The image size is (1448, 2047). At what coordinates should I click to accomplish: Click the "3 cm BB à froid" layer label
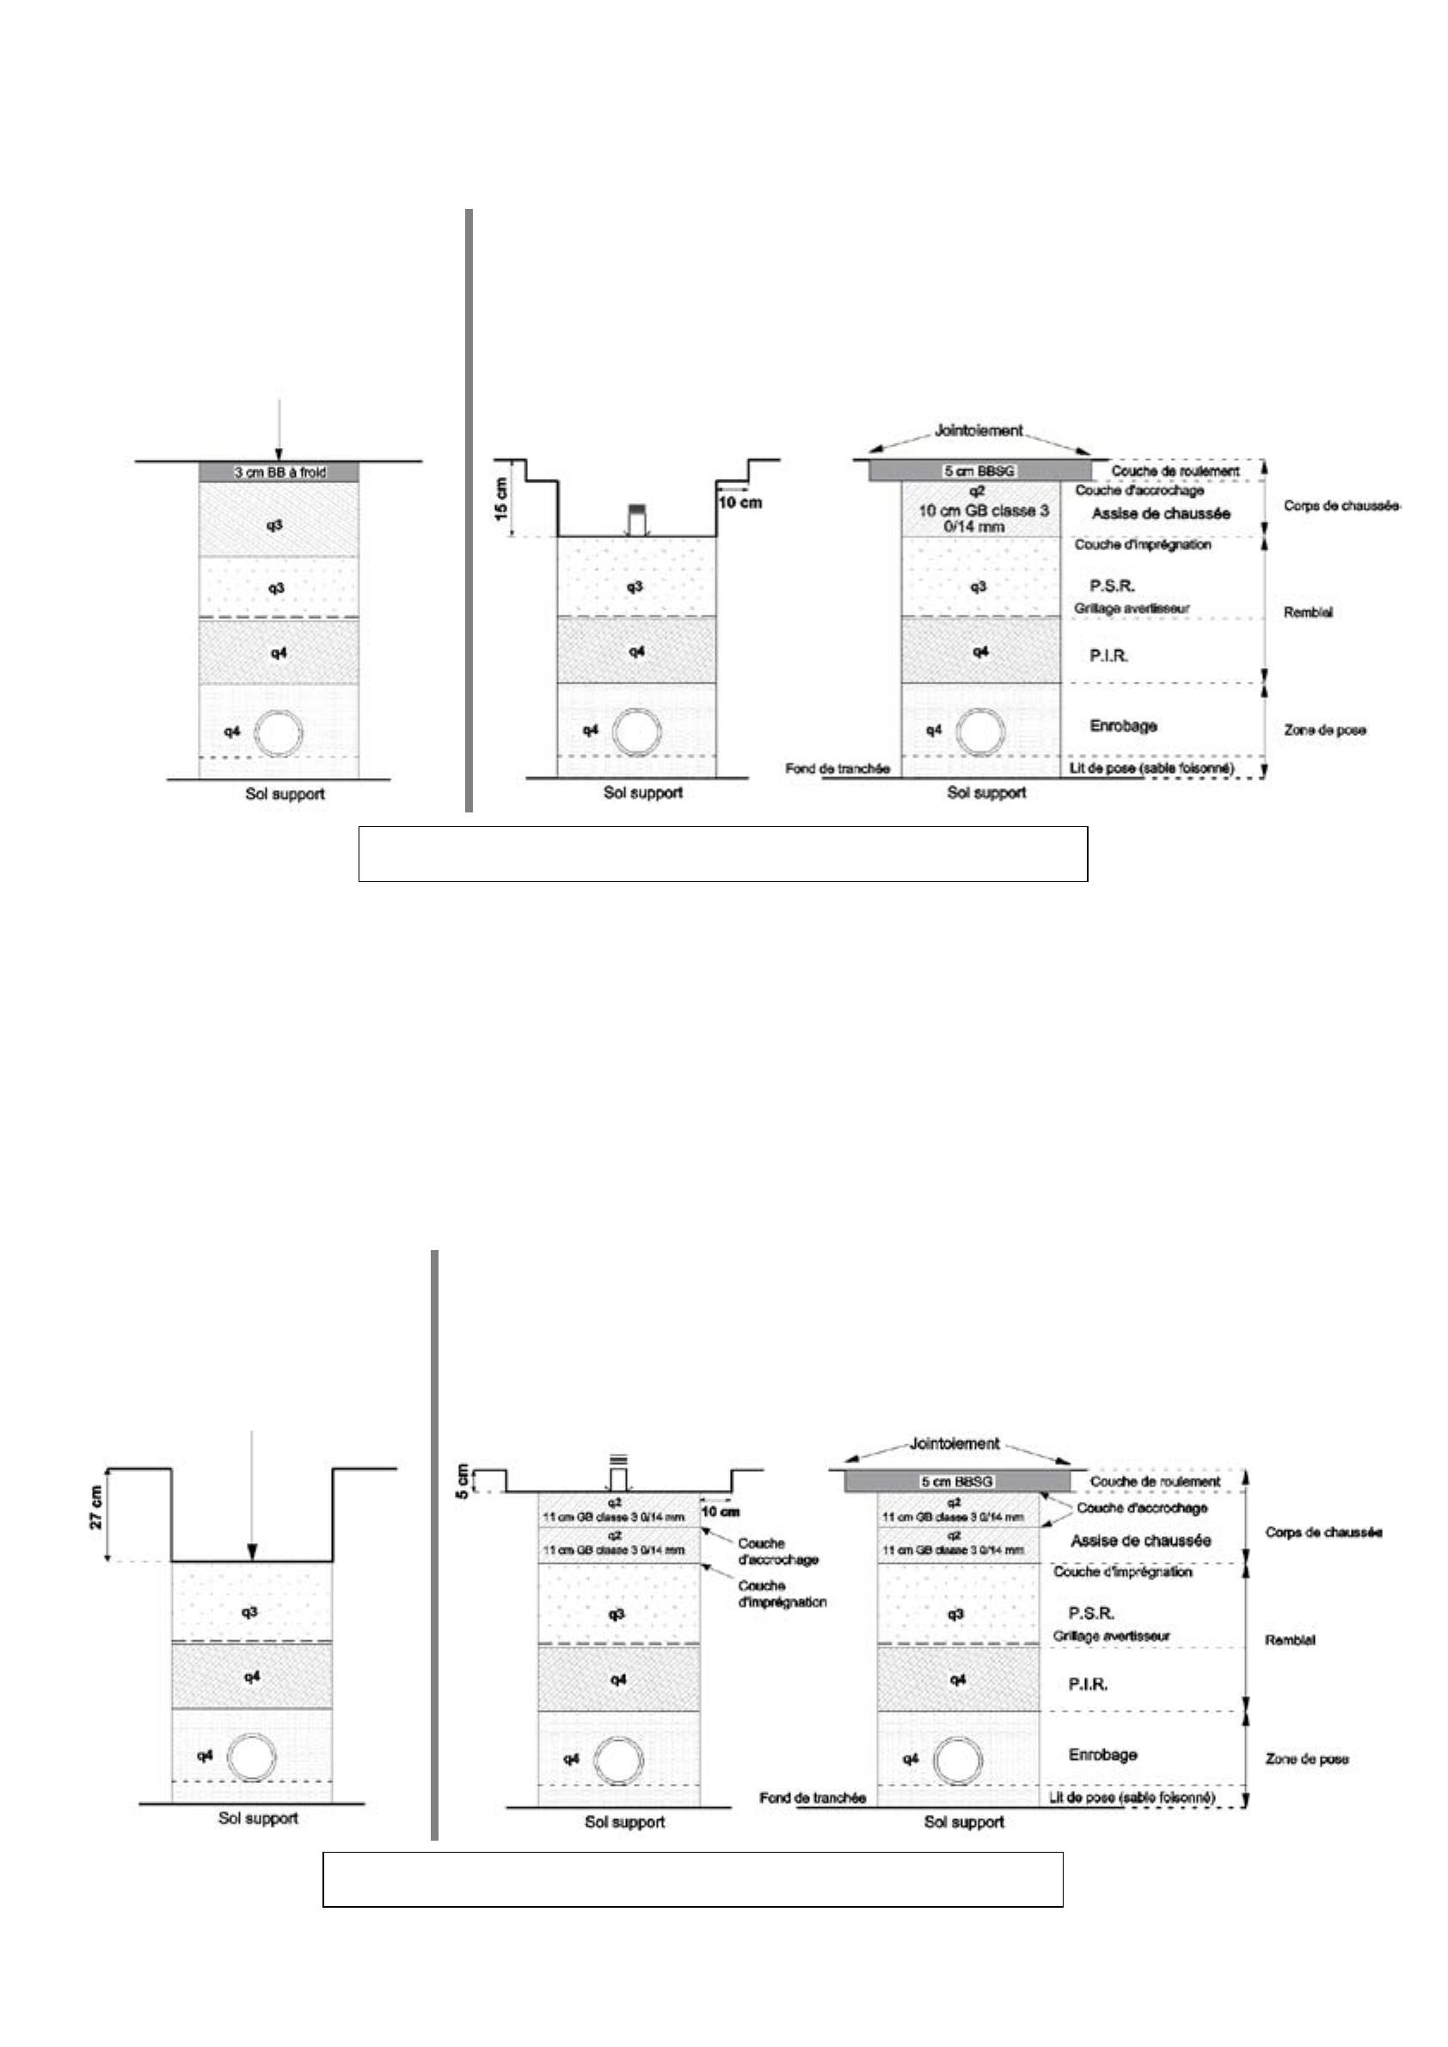point(279,472)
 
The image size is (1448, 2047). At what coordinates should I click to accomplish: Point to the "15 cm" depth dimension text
point(502,499)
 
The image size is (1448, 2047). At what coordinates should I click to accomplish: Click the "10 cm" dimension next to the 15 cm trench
point(739,503)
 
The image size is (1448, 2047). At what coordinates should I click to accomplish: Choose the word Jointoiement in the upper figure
point(979,431)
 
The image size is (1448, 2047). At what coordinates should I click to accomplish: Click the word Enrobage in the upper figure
point(1124,726)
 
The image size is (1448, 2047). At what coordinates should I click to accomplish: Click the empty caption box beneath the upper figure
point(722,853)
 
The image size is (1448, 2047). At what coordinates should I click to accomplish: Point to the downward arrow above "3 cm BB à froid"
point(279,428)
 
